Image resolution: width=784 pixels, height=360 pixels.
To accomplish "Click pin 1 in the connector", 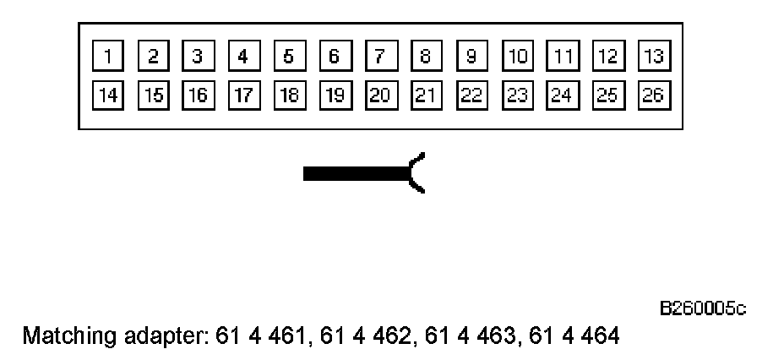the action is (x=107, y=57).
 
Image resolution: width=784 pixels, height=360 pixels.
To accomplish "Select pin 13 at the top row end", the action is (x=653, y=57).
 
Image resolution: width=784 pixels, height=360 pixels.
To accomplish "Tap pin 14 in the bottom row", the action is (x=107, y=95).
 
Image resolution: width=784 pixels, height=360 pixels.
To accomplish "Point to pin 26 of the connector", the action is (x=653, y=95).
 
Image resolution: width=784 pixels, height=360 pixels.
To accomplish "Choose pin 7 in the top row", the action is (x=380, y=57).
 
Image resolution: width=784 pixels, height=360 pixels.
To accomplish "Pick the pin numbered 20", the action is (x=380, y=95).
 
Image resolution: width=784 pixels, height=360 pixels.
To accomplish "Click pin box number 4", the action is (x=243, y=57).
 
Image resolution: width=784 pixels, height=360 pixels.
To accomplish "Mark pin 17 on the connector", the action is (x=243, y=95).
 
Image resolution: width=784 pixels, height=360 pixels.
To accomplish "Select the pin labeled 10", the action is (x=517, y=57).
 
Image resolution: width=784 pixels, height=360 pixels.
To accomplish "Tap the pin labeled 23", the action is (x=517, y=95).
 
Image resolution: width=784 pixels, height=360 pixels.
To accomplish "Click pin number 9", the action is (x=471, y=57).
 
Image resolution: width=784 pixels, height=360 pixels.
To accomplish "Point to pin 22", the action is (x=471, y=95).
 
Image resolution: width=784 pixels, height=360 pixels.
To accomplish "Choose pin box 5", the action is (x=289, y=57).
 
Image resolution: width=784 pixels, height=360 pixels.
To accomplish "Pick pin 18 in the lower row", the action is (x=289, y=95).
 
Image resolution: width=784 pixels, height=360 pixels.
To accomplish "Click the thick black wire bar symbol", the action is (x=355, y=174).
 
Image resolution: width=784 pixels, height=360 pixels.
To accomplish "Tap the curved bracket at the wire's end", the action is (x=417, y=173).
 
